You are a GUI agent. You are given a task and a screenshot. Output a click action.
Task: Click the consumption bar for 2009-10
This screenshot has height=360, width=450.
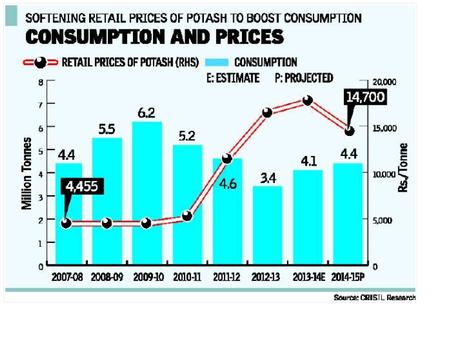click(146, 193)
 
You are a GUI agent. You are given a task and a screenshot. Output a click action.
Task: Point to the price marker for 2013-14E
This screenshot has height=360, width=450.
click(307, 101)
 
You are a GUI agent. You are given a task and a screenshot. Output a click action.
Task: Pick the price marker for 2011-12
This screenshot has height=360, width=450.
click(227, 158)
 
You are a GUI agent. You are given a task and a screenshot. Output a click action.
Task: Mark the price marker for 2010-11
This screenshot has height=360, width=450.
click(187, 216)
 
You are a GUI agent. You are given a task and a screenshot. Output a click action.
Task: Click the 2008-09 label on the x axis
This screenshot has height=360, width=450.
click(107, 277)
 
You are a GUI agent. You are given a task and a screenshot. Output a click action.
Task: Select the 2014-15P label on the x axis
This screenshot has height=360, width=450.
click(348, 277)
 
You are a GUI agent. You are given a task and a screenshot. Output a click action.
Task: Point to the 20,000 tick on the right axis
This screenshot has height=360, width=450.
click(384, 82)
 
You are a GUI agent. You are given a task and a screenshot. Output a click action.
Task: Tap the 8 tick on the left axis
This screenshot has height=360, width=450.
click(40, 81)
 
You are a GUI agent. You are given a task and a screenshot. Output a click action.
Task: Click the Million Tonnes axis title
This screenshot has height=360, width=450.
click(27, 173)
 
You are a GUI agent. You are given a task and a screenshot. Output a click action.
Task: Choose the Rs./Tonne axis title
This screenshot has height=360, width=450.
click(404, 168)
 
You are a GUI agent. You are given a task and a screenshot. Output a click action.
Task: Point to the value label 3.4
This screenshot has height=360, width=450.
click(267, 178)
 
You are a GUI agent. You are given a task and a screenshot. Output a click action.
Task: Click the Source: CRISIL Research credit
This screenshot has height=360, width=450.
click(374, 297)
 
